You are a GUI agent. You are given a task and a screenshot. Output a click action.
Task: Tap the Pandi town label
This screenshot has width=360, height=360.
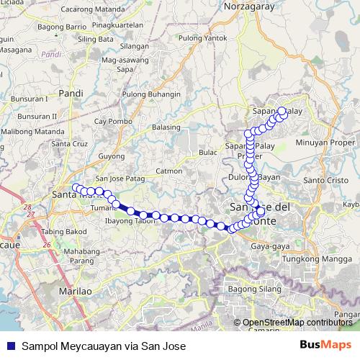pos(73,92)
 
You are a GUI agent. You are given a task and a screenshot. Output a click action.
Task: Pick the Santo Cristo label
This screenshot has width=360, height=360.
pos(320,179)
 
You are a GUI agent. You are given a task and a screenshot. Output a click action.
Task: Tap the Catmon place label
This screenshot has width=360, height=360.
pos(169,171)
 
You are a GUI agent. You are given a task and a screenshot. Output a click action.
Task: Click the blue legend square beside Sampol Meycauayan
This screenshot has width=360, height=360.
pos(9,346)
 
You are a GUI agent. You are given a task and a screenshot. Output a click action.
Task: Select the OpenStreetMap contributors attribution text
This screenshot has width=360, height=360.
pos(297,323)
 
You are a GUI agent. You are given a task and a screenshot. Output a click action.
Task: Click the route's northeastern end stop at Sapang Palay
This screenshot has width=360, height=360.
pos(282,111)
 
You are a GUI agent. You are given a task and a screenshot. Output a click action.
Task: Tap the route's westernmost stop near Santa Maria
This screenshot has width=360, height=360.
pos(76,188)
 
